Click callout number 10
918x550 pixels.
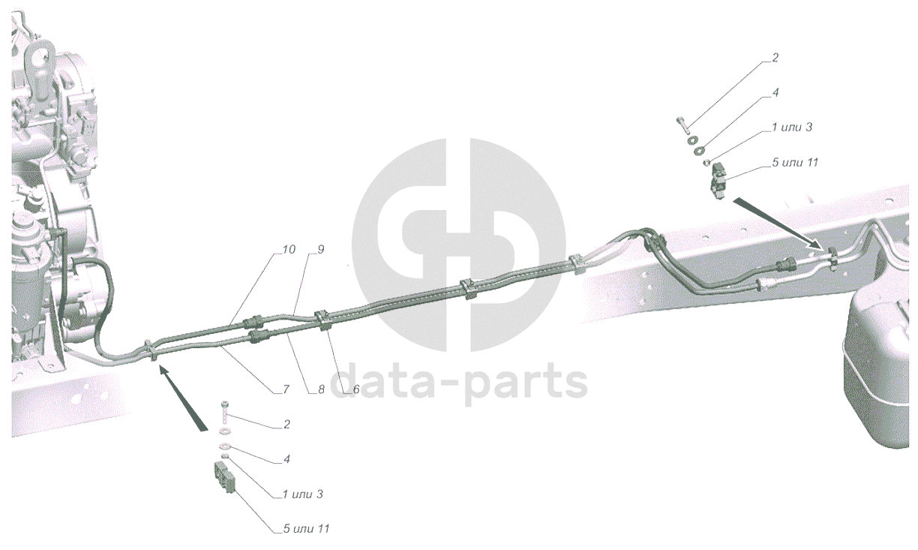click(289, 249)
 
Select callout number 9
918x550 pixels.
click(320, 249)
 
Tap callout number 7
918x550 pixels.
click(286, 389)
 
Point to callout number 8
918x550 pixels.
click(320, 389)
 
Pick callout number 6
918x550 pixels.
click(355, 389)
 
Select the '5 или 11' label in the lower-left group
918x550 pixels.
click(306, 529)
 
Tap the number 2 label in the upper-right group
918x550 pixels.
click(775, 57)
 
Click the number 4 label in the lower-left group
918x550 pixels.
click(287, 458)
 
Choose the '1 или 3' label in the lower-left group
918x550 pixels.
click(302, 494)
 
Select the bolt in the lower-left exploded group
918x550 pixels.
click(224, 413)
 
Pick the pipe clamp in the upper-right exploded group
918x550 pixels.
click(719, 180)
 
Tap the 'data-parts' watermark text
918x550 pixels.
click(458, 382)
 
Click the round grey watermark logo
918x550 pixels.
click(458, 245)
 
